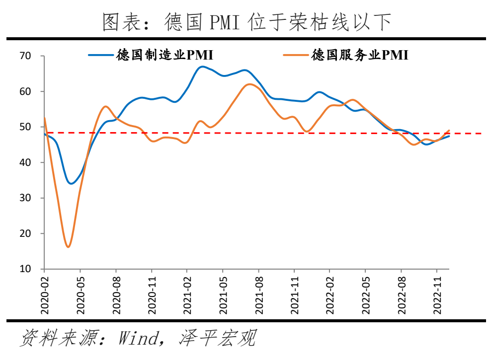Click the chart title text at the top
pos(247,21)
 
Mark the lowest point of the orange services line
pos(68,247)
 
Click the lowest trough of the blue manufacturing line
pos(71,184)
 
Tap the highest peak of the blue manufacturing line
pos(202,67)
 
